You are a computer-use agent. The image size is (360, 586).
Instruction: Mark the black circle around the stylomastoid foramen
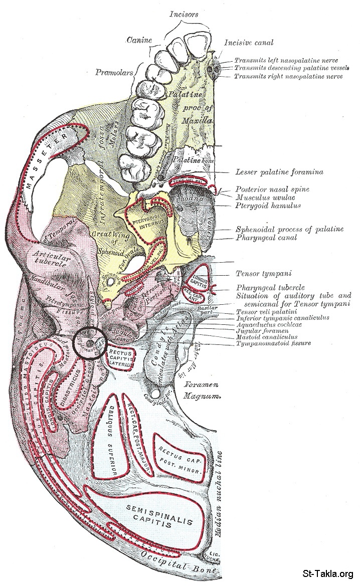click(89, 342)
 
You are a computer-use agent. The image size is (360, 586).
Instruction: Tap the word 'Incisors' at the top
click(183, 15)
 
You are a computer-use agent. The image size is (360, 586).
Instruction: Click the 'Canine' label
click(139, 39)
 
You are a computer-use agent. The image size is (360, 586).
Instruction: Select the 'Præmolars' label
click(114, 72)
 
